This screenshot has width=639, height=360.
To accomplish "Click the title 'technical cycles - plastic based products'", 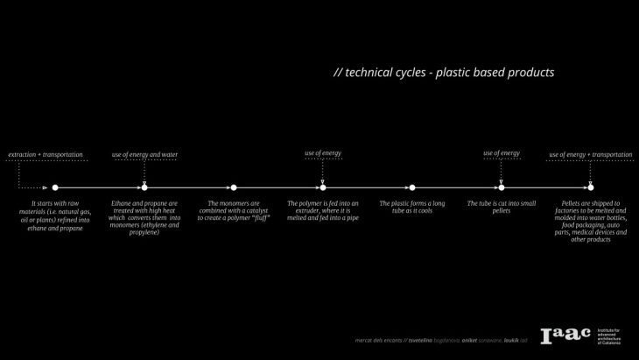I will (x=444, y=73).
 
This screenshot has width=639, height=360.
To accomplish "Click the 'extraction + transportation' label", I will (x=46, y=155).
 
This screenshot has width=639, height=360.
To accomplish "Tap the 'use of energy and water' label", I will (x=144, y=155).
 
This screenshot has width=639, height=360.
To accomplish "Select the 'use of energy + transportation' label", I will (x=590, y=155).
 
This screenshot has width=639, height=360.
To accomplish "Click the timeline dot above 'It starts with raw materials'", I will (x=55, y=187).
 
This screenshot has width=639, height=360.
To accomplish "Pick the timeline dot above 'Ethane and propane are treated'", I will (x=144, y=187).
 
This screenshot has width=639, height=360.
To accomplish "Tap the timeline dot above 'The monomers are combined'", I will (x=234, y=187).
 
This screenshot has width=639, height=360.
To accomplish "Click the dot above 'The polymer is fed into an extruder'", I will (x=323, y=187).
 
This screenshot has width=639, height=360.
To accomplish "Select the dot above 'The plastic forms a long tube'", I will (x=412, y=187).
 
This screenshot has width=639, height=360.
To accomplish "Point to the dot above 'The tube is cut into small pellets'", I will (x=501, y=187).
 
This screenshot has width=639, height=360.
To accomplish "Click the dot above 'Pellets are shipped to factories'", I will (x=591, y=187).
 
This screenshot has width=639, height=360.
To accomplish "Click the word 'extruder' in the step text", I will (x=303, y=211).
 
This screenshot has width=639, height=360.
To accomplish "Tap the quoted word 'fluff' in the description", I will (x=258, y=218).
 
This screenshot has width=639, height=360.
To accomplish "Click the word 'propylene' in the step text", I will (x=144, y=232).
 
